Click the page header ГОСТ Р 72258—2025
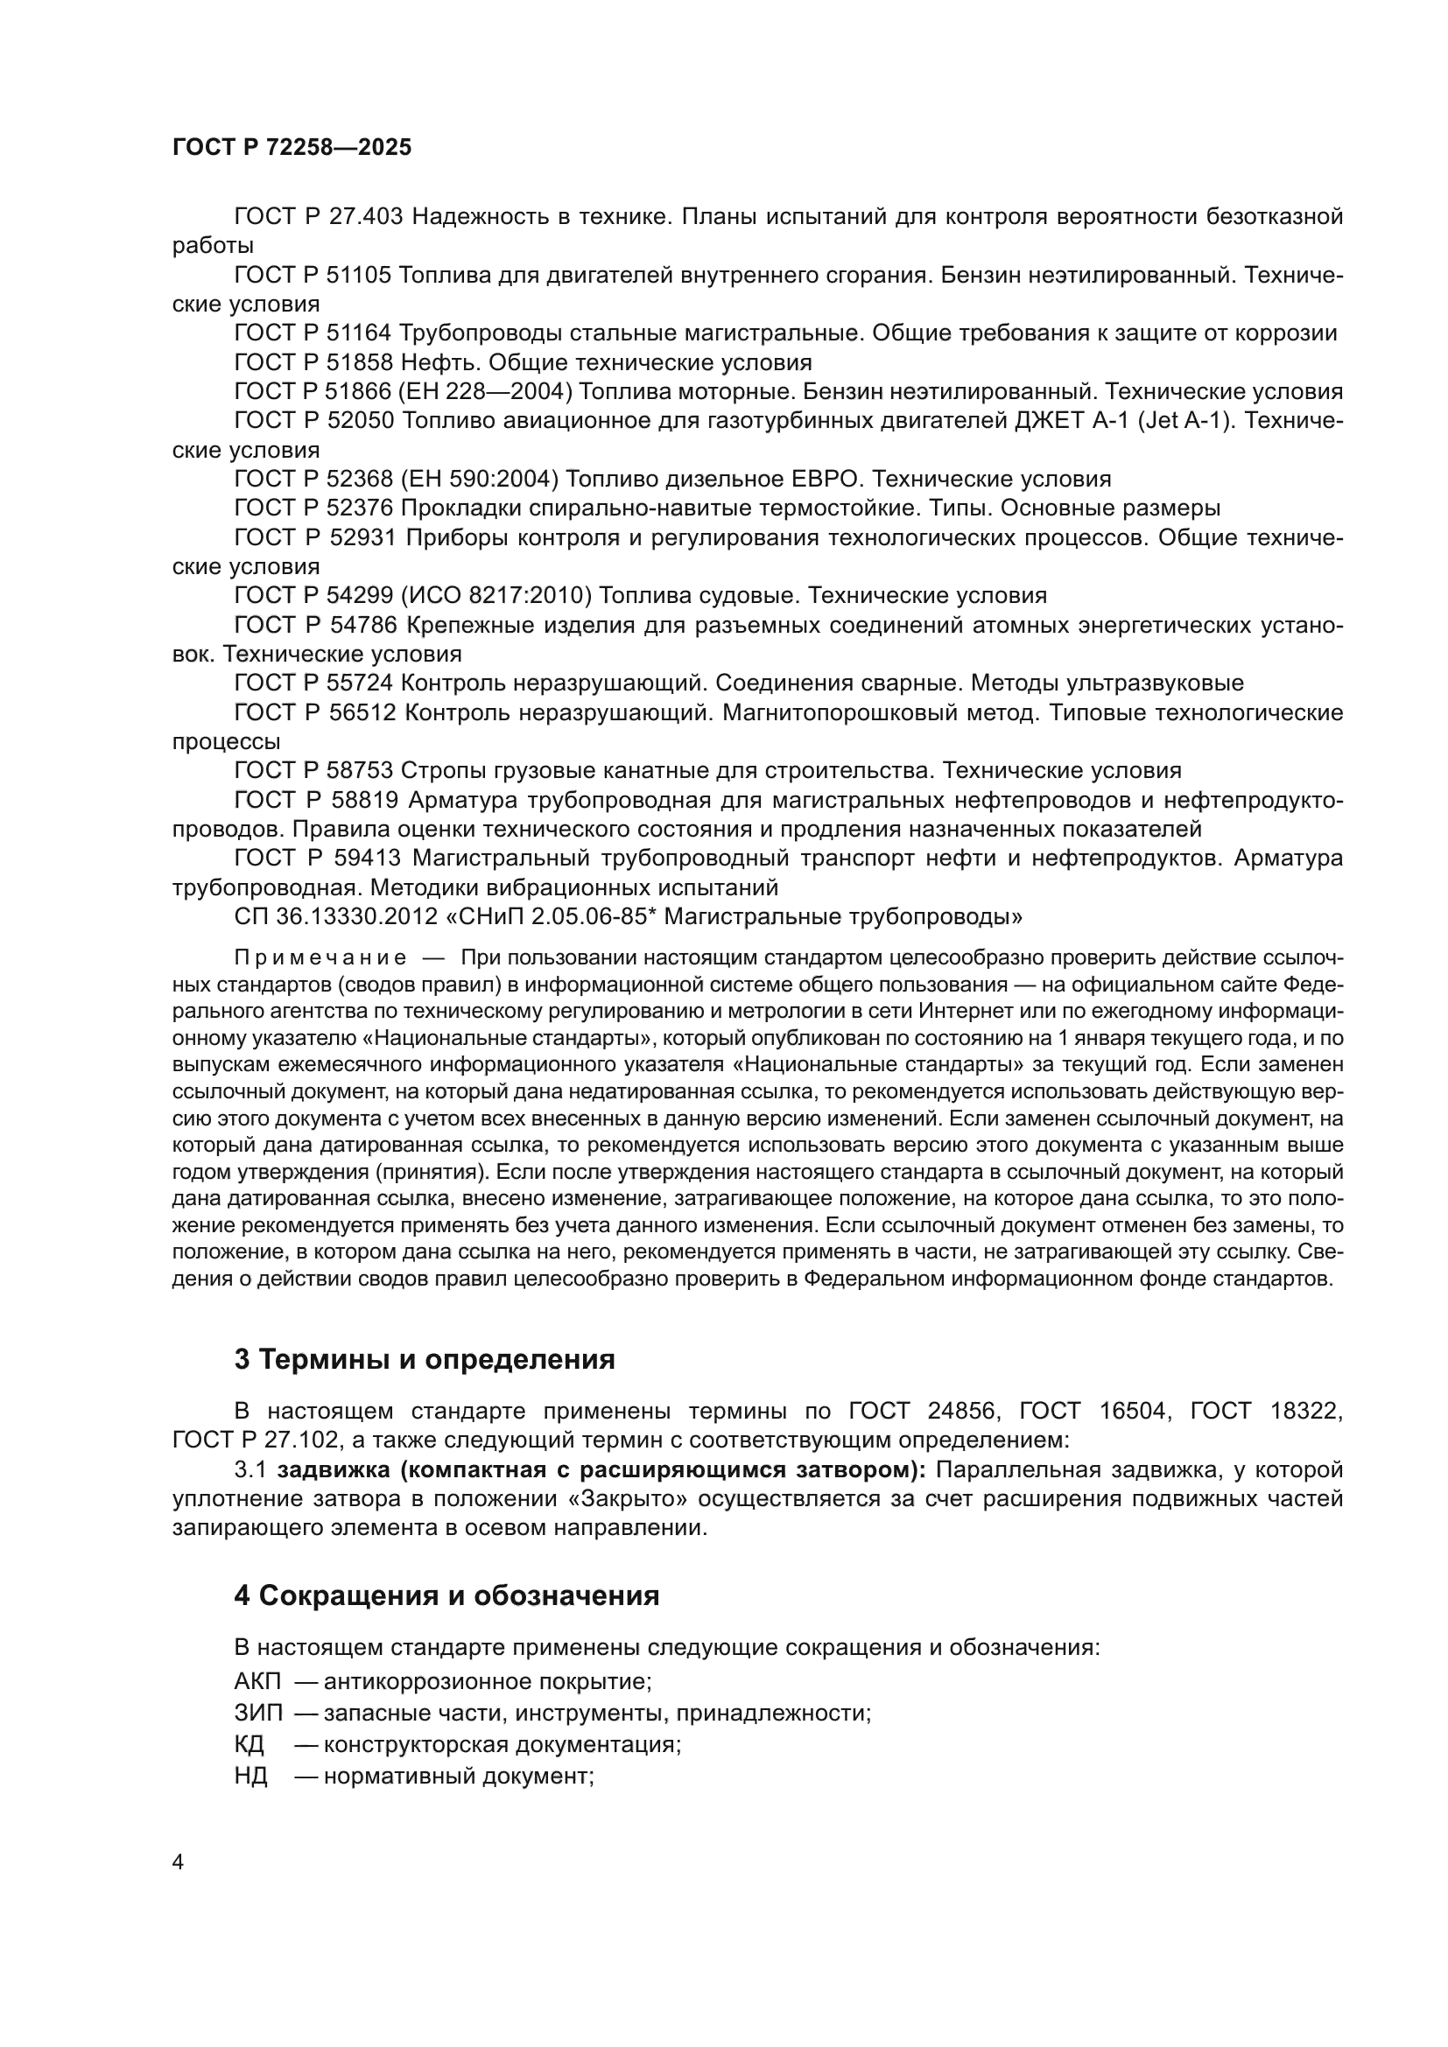tap(292, 148)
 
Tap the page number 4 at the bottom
tap(178, 1862)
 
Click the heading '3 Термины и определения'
tap(425, 1360)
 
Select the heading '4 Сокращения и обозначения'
tap(446, 1596)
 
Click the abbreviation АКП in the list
tap(257, 1682)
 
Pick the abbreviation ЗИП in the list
tap(257, 1714)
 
